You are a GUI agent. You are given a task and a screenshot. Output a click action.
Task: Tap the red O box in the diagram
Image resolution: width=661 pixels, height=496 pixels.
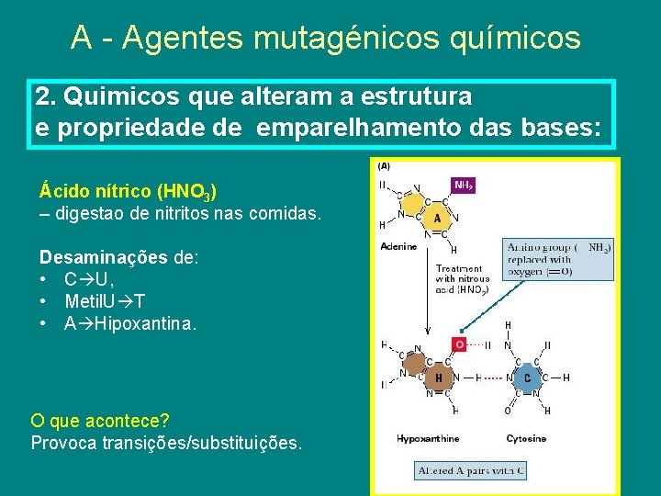pos(460,344)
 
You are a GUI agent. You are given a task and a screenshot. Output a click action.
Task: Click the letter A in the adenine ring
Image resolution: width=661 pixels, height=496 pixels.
pos(437,219)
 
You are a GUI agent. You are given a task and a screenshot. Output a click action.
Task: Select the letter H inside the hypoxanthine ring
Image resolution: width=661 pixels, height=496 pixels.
pos(438,378)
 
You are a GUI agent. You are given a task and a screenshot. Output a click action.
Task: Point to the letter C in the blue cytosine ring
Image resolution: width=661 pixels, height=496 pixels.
pos(526,378)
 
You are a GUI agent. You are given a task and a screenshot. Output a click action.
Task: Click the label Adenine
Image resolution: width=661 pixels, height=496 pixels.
pos(398,246)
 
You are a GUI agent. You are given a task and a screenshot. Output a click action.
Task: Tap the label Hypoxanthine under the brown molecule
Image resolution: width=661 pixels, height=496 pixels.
pos(428,439)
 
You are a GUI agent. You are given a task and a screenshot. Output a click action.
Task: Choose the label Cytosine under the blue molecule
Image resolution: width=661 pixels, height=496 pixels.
pos(526,439)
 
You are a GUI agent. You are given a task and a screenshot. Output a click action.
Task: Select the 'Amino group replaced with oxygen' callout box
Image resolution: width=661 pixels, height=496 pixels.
pos(559,259)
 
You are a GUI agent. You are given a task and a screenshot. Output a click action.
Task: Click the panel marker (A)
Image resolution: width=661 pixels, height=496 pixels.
pos(383,166)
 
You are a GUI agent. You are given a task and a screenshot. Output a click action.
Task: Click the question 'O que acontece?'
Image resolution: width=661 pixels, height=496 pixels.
pos(100,421)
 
